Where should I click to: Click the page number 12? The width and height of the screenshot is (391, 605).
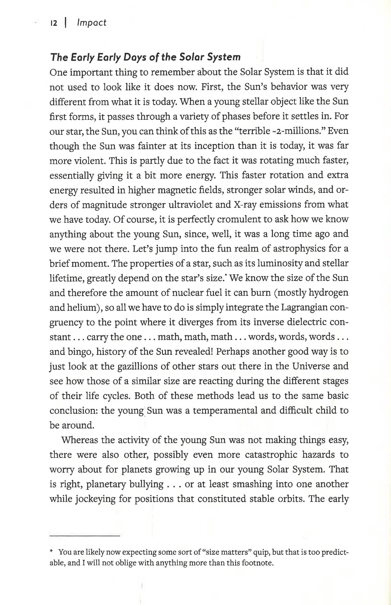click(54, 23)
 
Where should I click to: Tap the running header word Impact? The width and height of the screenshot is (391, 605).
click(92, 23)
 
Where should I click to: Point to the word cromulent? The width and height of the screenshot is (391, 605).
click(239, 219)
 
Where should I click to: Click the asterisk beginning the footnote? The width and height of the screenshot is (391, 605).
click(51, 552)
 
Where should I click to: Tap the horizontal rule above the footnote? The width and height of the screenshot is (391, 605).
click(84, 536)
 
